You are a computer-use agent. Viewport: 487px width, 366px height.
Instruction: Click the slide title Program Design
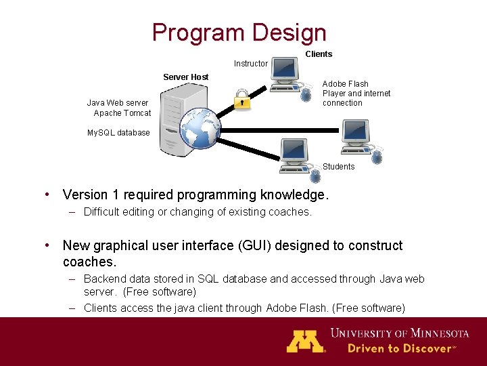239,32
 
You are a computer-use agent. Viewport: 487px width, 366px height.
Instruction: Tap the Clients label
319,54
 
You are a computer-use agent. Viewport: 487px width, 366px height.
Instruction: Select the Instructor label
250,64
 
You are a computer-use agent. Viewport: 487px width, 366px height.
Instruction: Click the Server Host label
185,77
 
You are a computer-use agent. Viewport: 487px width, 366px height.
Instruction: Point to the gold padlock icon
241,99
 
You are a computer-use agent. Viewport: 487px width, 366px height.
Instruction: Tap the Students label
338,167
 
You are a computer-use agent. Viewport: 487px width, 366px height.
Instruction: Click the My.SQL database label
118,133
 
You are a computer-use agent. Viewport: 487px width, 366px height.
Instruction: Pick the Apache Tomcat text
122,113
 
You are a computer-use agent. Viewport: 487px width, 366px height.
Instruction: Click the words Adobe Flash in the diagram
345,84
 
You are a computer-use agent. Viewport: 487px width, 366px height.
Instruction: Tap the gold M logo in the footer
305,340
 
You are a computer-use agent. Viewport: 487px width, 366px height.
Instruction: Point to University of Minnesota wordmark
399,333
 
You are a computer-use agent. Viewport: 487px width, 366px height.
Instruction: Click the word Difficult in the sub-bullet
104,211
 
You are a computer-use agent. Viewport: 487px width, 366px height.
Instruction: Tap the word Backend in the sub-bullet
106,279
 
